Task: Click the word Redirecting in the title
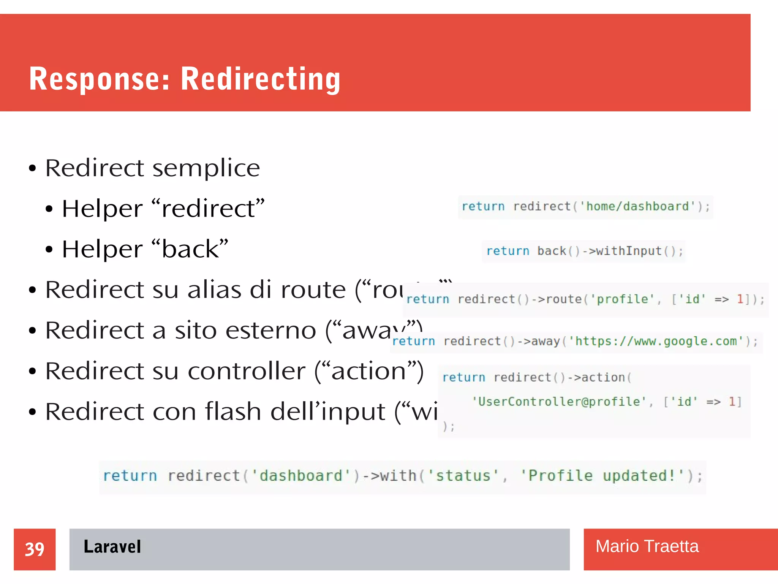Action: (261, 79)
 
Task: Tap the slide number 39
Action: (35, 549)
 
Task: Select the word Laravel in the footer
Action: (112, 547)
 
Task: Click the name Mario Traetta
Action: (647, 546)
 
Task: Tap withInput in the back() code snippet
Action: (629, 251)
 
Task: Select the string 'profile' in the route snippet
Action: (622, 299)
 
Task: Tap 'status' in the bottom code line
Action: (463, 476)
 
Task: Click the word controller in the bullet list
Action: (247, 371)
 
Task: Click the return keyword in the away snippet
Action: (413, 341)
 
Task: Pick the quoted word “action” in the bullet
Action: (368, 371)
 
